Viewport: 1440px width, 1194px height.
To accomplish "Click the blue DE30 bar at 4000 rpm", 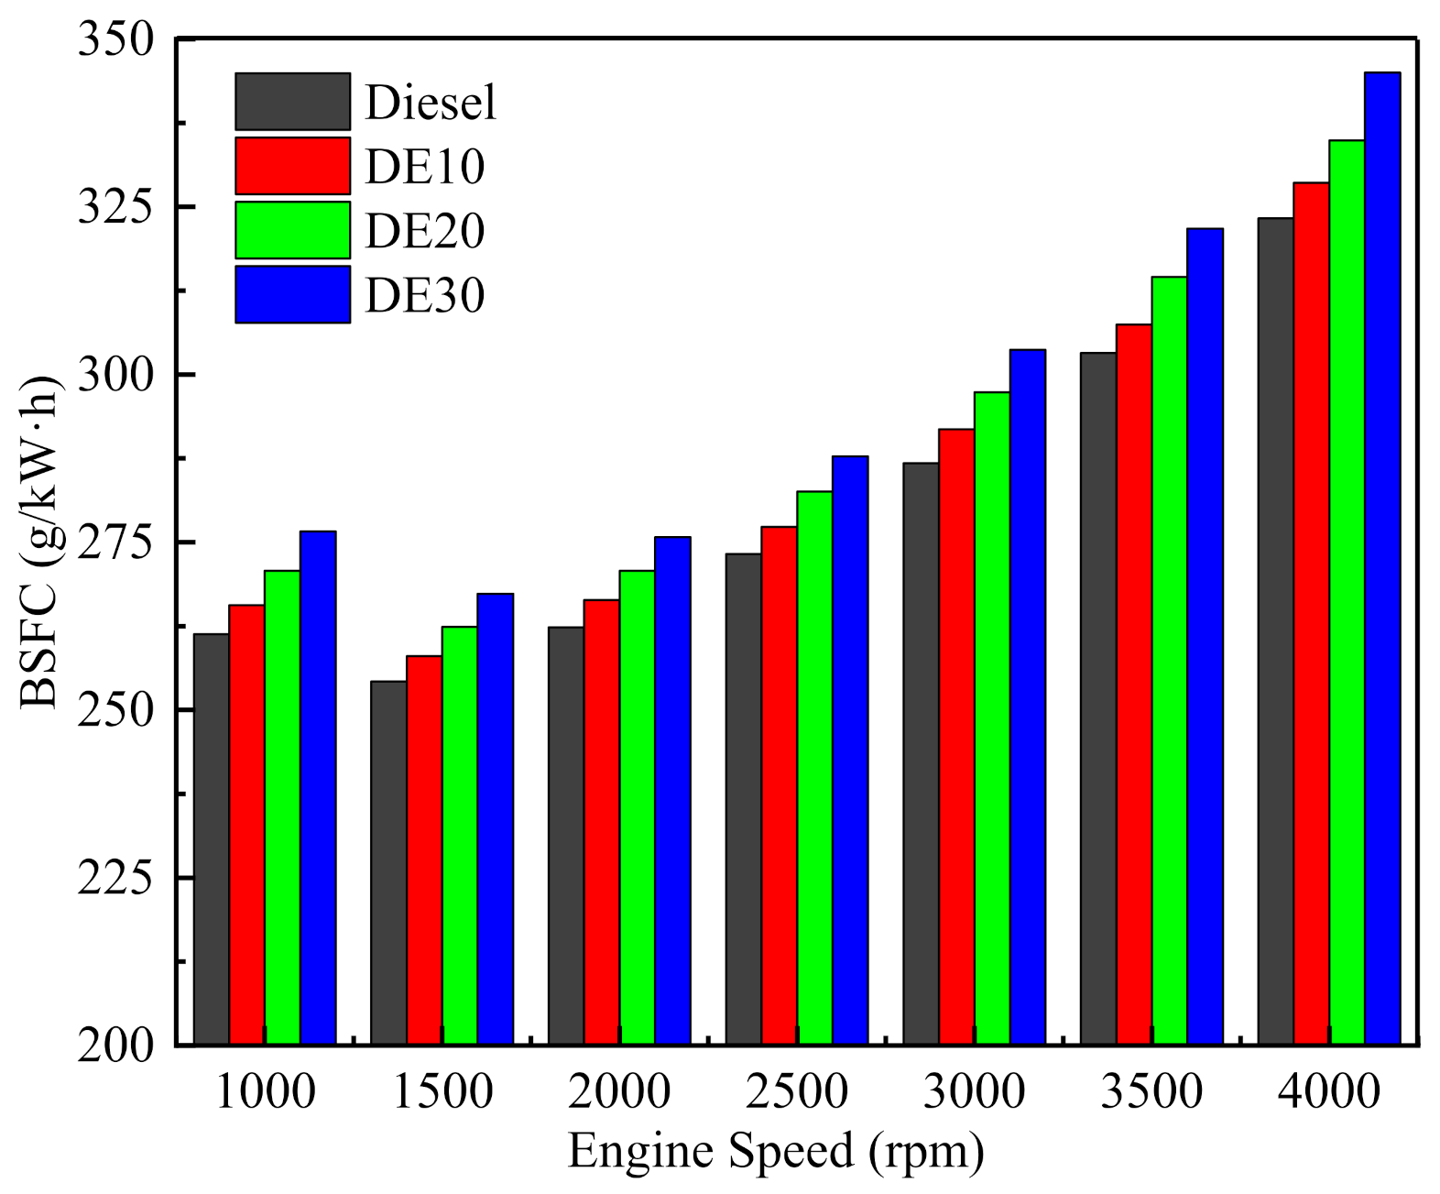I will [1382, 559].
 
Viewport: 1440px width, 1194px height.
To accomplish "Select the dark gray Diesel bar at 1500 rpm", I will [388, 862].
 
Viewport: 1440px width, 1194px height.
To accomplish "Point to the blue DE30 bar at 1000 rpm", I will [318, 787].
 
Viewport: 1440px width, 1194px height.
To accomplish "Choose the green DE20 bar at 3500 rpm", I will [1169, 660].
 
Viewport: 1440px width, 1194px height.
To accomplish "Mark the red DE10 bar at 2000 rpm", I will [602, 822].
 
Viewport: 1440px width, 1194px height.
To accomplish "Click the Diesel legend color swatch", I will [292, 102].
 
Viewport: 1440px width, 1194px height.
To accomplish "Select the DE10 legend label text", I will [424, 167].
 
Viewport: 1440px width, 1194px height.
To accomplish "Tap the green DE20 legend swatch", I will [292, 230].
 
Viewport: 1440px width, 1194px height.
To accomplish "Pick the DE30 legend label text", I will [424, 296].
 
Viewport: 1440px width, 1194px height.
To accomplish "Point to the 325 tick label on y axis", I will [115, 207].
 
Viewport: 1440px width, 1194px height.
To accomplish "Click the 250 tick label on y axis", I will [115, 710].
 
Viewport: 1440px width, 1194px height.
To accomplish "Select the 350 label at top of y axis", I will [115, 41].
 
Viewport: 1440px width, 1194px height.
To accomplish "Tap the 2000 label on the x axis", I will [619, 1091].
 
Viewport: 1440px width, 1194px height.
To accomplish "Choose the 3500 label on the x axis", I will [1151, 1091].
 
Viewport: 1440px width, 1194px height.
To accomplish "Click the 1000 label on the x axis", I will [265, 1091].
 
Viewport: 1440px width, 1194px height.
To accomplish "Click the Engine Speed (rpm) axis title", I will [775, 1151].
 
